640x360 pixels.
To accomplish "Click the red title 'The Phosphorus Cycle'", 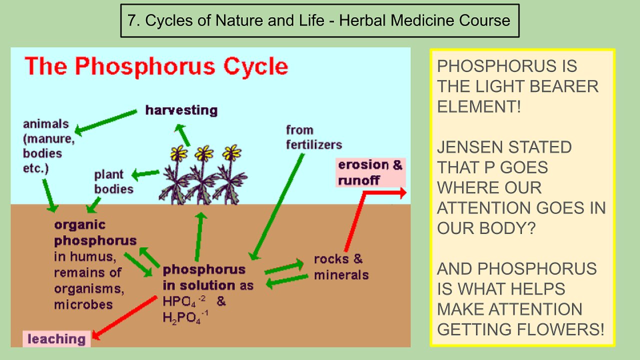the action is pyautogui.click(x=156, y=66).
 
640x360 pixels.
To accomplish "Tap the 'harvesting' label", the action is pyautogui.click(x=181, y=110).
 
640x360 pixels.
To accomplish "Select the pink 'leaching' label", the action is pyautogui.click(x=56, y=339).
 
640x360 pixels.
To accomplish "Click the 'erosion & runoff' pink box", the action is pyautogui.click(x=370, y=172).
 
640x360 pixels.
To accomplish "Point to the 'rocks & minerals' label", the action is pyautogui.click(x=341, y=267).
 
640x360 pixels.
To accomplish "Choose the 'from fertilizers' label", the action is pyautogui.click(x=314, y=137).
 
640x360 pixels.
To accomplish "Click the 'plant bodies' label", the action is pyautogui.click(x=113, y=181).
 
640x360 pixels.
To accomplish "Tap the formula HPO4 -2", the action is pyautogui.click(x=183, y=301).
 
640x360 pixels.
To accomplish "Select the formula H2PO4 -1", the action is pyautogui.click(x=185, y=317).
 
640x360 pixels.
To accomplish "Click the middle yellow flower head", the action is pyautogui.click(x=204, y=153).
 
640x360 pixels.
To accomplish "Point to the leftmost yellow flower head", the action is pyautogui.click(x=179, y=153).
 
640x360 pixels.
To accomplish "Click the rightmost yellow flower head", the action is pyautogui.click(x=231, y=152).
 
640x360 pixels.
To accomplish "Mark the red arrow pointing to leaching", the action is pyautogui.click(x=124, y=317).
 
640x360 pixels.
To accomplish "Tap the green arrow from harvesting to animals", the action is pyautogui.click(x=105, y=122).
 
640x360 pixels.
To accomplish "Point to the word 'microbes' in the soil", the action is pyautogui.click(x=83, y=304).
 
